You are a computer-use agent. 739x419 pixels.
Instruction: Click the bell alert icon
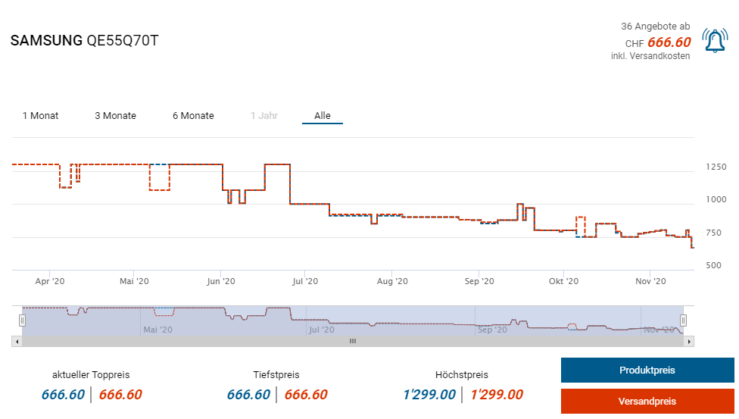pyautogui.click(x=715, y=41)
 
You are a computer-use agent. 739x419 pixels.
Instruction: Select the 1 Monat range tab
pyautogui.click(x=40, y=116)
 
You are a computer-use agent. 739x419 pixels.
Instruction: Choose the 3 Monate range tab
pyautogui.click(x=115, y=116)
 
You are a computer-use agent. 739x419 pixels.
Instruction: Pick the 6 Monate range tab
pyautogui.click(x=193, y=116)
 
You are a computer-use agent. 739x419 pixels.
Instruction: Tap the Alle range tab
pyautogui.click(x=323, y=116)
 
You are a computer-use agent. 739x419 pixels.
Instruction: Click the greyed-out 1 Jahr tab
pyautogui.click(x=264, y=116)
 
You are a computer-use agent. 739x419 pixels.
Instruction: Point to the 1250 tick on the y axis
pyautogui.click(x=716, y=167)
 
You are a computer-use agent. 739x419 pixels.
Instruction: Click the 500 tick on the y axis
pyautogui.click(x=713, y=265)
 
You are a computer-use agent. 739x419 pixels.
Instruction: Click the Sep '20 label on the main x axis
pyautogui.click(x=479, y=281)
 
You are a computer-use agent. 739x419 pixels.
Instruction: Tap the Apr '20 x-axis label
pyautogui.click(x=50, y=281)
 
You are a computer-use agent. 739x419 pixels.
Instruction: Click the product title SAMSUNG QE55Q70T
pyautogui.click(x=84, y=41)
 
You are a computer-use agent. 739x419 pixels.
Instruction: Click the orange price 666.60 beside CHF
pyautogui.click(x=669, y=42)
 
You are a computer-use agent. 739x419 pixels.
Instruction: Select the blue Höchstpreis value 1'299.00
pyautogui.click(x=429, y=395)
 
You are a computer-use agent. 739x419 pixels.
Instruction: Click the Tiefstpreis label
pyautogui.click(x=276, y=374)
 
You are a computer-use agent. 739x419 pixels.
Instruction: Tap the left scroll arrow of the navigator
pyautogui.click(x=17, y=342)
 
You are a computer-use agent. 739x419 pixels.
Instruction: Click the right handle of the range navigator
pyautogui.click(x=683, y=320)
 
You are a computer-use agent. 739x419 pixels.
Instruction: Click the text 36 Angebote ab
pyautogui.click(x=655, y=27)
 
